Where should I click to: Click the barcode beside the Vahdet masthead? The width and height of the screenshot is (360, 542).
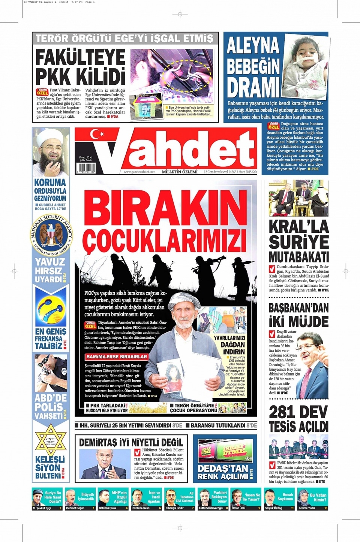coord(86,167)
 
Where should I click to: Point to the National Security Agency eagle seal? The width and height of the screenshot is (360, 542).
coord(51,235)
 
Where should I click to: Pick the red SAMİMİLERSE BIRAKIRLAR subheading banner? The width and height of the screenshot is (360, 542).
coord(117,357)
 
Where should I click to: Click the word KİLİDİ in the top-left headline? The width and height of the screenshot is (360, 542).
coord(102,76)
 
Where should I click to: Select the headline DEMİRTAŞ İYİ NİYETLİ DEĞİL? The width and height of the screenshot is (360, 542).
coord(131,442)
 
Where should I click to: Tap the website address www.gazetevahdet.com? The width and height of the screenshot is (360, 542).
coord(139,172)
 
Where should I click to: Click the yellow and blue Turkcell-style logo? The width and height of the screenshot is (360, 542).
coord(51,309)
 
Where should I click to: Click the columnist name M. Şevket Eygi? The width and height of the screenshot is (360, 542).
coord(42,508)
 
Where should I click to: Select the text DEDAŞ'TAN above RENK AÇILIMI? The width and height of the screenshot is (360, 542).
coord(223,469)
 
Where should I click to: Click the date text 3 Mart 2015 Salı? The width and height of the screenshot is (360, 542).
coord(246,172)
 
